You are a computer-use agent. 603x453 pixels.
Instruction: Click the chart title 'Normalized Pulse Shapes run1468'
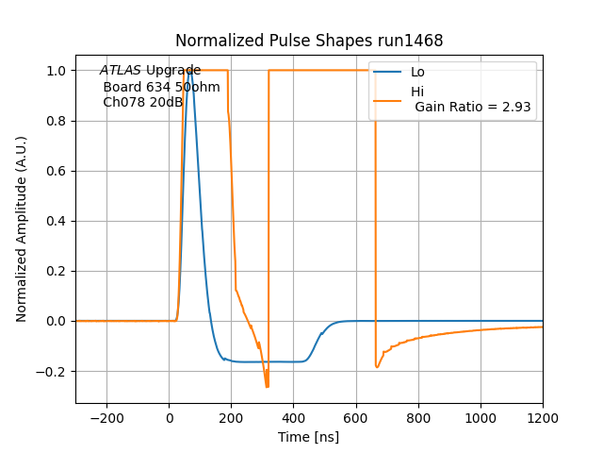[309, 41]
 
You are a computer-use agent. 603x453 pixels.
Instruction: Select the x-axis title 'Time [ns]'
[309, 437]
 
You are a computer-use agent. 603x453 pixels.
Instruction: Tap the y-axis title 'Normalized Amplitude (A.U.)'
[22, 229]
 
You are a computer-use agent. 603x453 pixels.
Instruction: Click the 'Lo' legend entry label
[417, 72]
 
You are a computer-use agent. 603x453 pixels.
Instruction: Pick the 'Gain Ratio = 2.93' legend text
[473, 108]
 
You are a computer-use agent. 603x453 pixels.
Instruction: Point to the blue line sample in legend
[387, 72]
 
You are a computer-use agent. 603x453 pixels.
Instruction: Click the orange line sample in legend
[387, 99]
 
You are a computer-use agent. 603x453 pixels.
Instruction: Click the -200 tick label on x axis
[106, 417]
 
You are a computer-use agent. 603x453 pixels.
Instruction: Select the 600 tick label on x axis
[356, 417]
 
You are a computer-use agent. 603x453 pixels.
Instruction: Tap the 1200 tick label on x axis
[543, 417]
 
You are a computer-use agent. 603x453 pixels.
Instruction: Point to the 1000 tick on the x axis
[481, 404]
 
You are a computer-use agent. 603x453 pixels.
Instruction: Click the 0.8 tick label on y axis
[57, 121]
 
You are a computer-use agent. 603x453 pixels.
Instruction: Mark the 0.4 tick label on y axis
[57, 221]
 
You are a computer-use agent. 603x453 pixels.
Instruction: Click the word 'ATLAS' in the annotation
[121, 71]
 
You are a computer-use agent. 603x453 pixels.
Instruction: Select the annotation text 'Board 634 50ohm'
[161, 87]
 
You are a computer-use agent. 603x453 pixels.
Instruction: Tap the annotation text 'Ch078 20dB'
[142, 102]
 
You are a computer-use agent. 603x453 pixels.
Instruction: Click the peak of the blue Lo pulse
[190, 71]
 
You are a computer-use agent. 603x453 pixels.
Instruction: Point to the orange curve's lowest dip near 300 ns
[267, 386]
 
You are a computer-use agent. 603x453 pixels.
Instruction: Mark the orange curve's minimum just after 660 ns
[377, 367]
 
